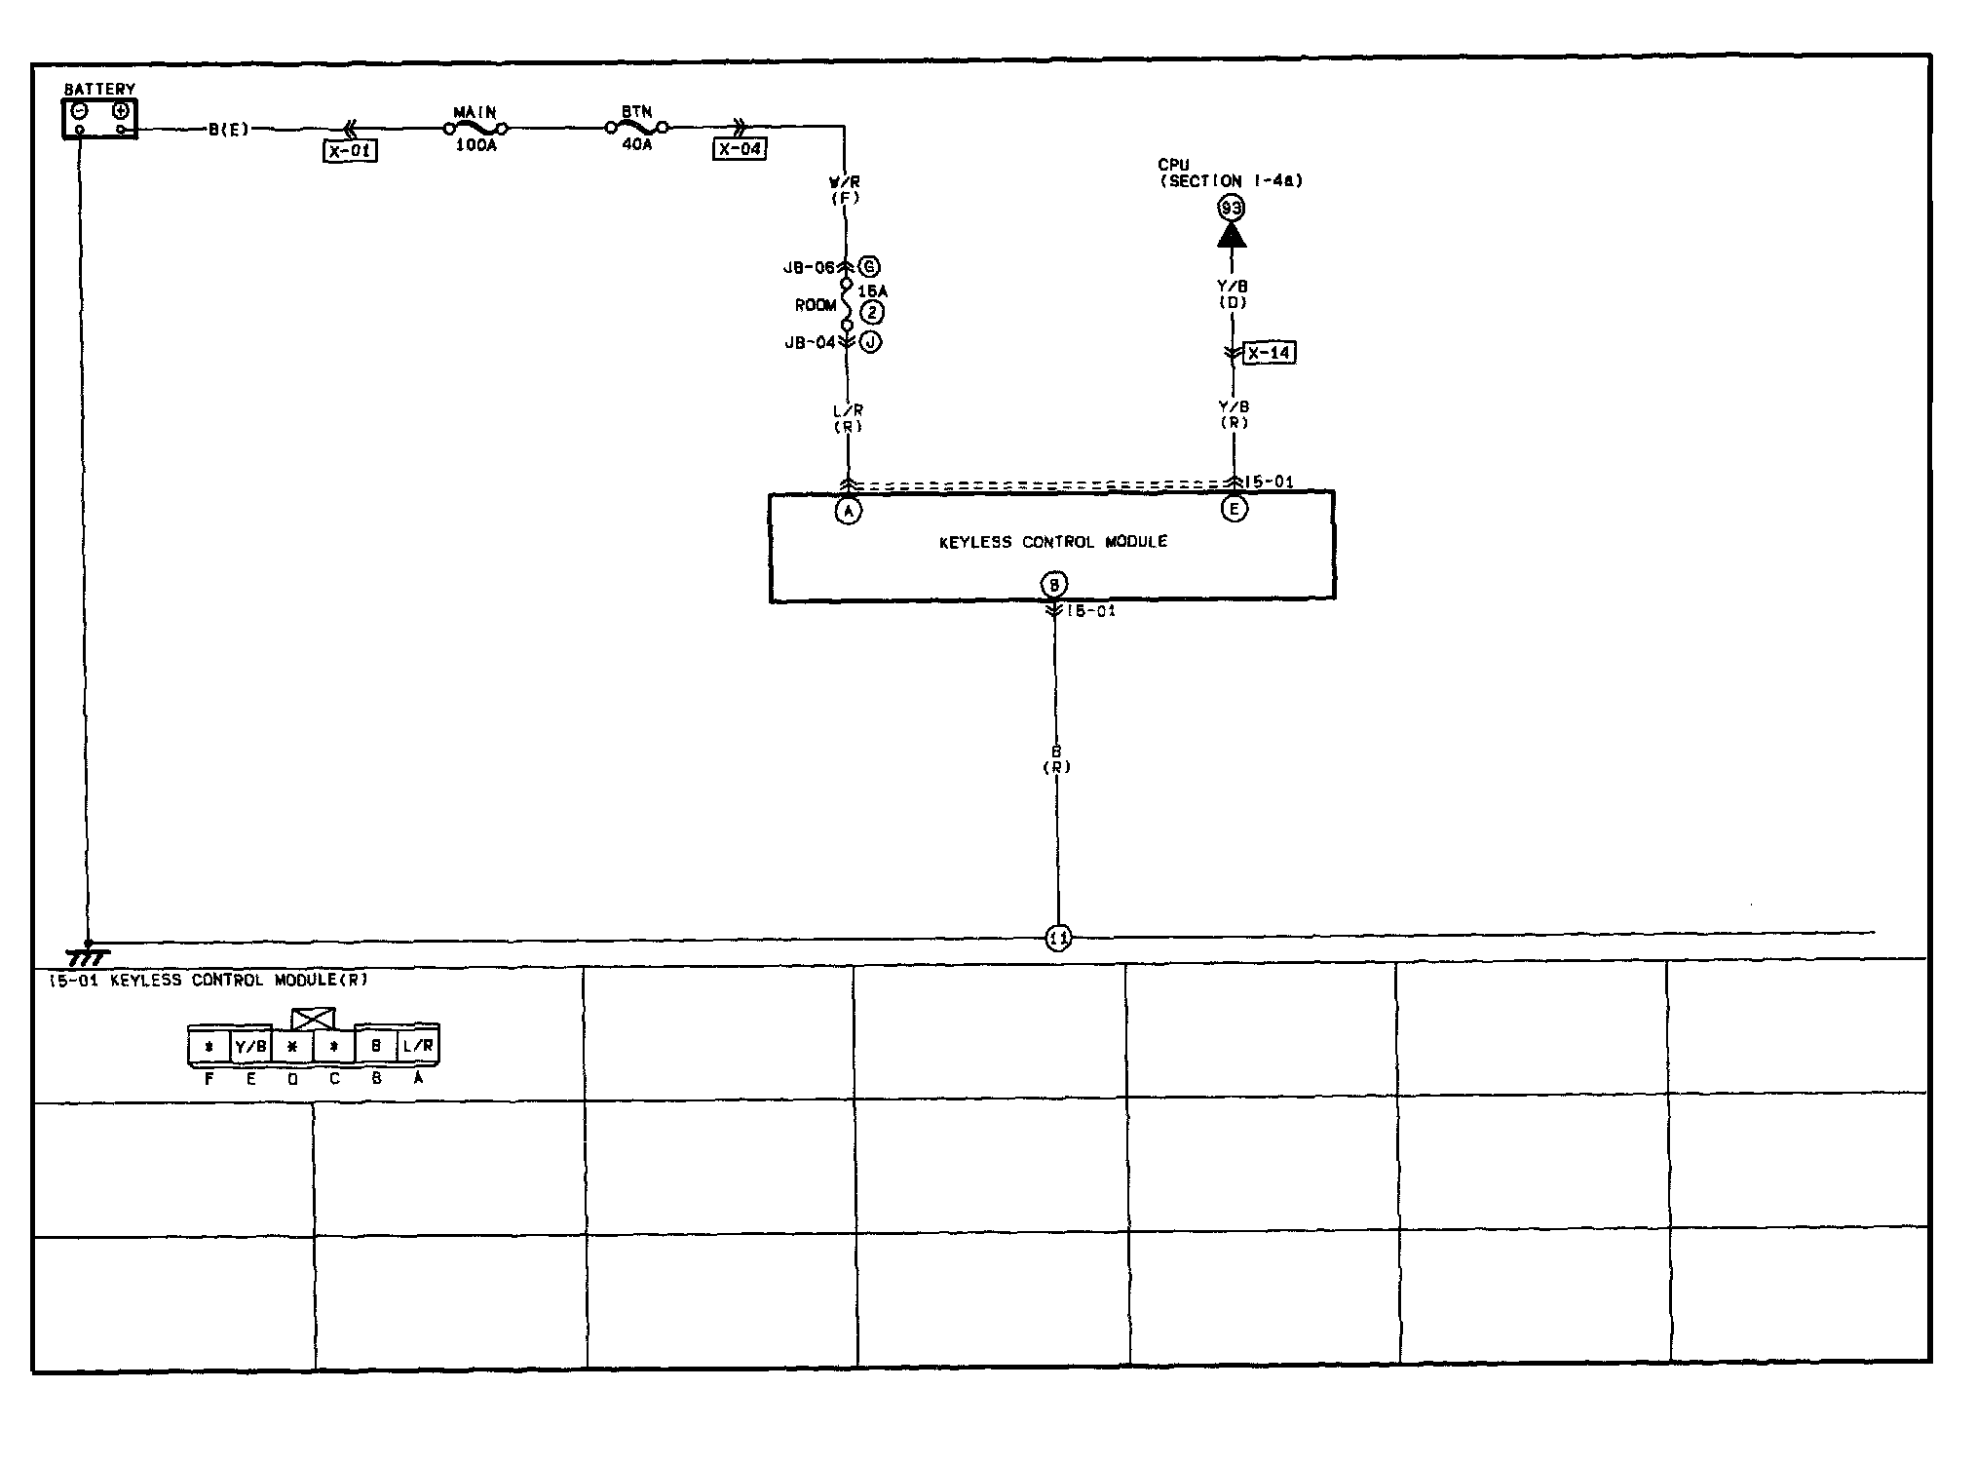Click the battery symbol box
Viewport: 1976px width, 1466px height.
[x=99, y=119]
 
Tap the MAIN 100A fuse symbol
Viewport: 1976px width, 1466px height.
[x=475, y=128]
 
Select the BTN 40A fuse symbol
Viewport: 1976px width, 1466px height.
[x=636, y=127]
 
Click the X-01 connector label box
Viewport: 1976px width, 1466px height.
[x=350, y=151]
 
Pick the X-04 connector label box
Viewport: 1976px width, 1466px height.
[x=740, y=149]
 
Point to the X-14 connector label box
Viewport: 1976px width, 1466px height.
[x=1270, y=353]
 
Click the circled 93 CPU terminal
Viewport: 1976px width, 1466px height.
[x=1232, y=208]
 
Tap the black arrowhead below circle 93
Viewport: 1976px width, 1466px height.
[x=1232, y=235]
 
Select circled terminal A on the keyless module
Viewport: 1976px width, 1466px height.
[x=849, y=511]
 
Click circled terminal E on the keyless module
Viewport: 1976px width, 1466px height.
[x=1234, y=509]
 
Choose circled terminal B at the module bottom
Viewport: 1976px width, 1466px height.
[x=1054, y=585]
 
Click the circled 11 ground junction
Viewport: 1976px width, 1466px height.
[x=1058, y=939]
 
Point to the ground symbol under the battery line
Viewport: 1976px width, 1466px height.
[x=89, y=956]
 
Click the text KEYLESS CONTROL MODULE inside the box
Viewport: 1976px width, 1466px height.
[x=1052, y=542]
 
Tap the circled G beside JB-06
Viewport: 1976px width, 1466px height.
[x=869, y=267]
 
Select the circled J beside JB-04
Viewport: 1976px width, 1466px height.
[x=870, y=342]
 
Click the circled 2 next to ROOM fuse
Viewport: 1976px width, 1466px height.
[x=872, y=313]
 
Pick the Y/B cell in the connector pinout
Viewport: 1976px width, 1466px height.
[x=250, y=1047]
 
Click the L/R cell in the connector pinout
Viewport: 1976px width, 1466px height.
[x=419, y=1046]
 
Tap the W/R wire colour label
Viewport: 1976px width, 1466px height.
[x=845, y=182]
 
